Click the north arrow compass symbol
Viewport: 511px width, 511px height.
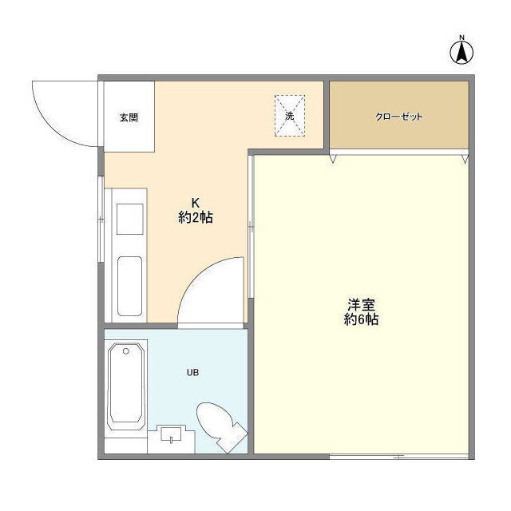coord(461,51)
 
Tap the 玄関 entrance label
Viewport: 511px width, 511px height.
coord(129,117)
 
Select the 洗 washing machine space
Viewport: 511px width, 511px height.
coord(290,116)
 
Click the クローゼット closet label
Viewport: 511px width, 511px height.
coord(399,117)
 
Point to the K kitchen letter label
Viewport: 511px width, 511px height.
coord(195,203)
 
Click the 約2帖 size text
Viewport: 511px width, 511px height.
coord(196,217)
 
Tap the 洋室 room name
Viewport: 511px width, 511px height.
coord(361,305)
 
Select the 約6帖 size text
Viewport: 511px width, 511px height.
coord(361,319)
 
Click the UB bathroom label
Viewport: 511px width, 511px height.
coord(193,372)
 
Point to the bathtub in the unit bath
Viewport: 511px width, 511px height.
coord(126,386)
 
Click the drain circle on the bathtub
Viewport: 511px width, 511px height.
coord(126,351)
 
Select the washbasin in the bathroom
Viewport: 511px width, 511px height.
coord(171,434)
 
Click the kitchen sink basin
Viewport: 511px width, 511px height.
coord(129,286)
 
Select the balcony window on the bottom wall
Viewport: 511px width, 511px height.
coord(399,457)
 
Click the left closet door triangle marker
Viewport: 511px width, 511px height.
coord(333,159)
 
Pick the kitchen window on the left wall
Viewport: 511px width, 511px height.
coord(101,219)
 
